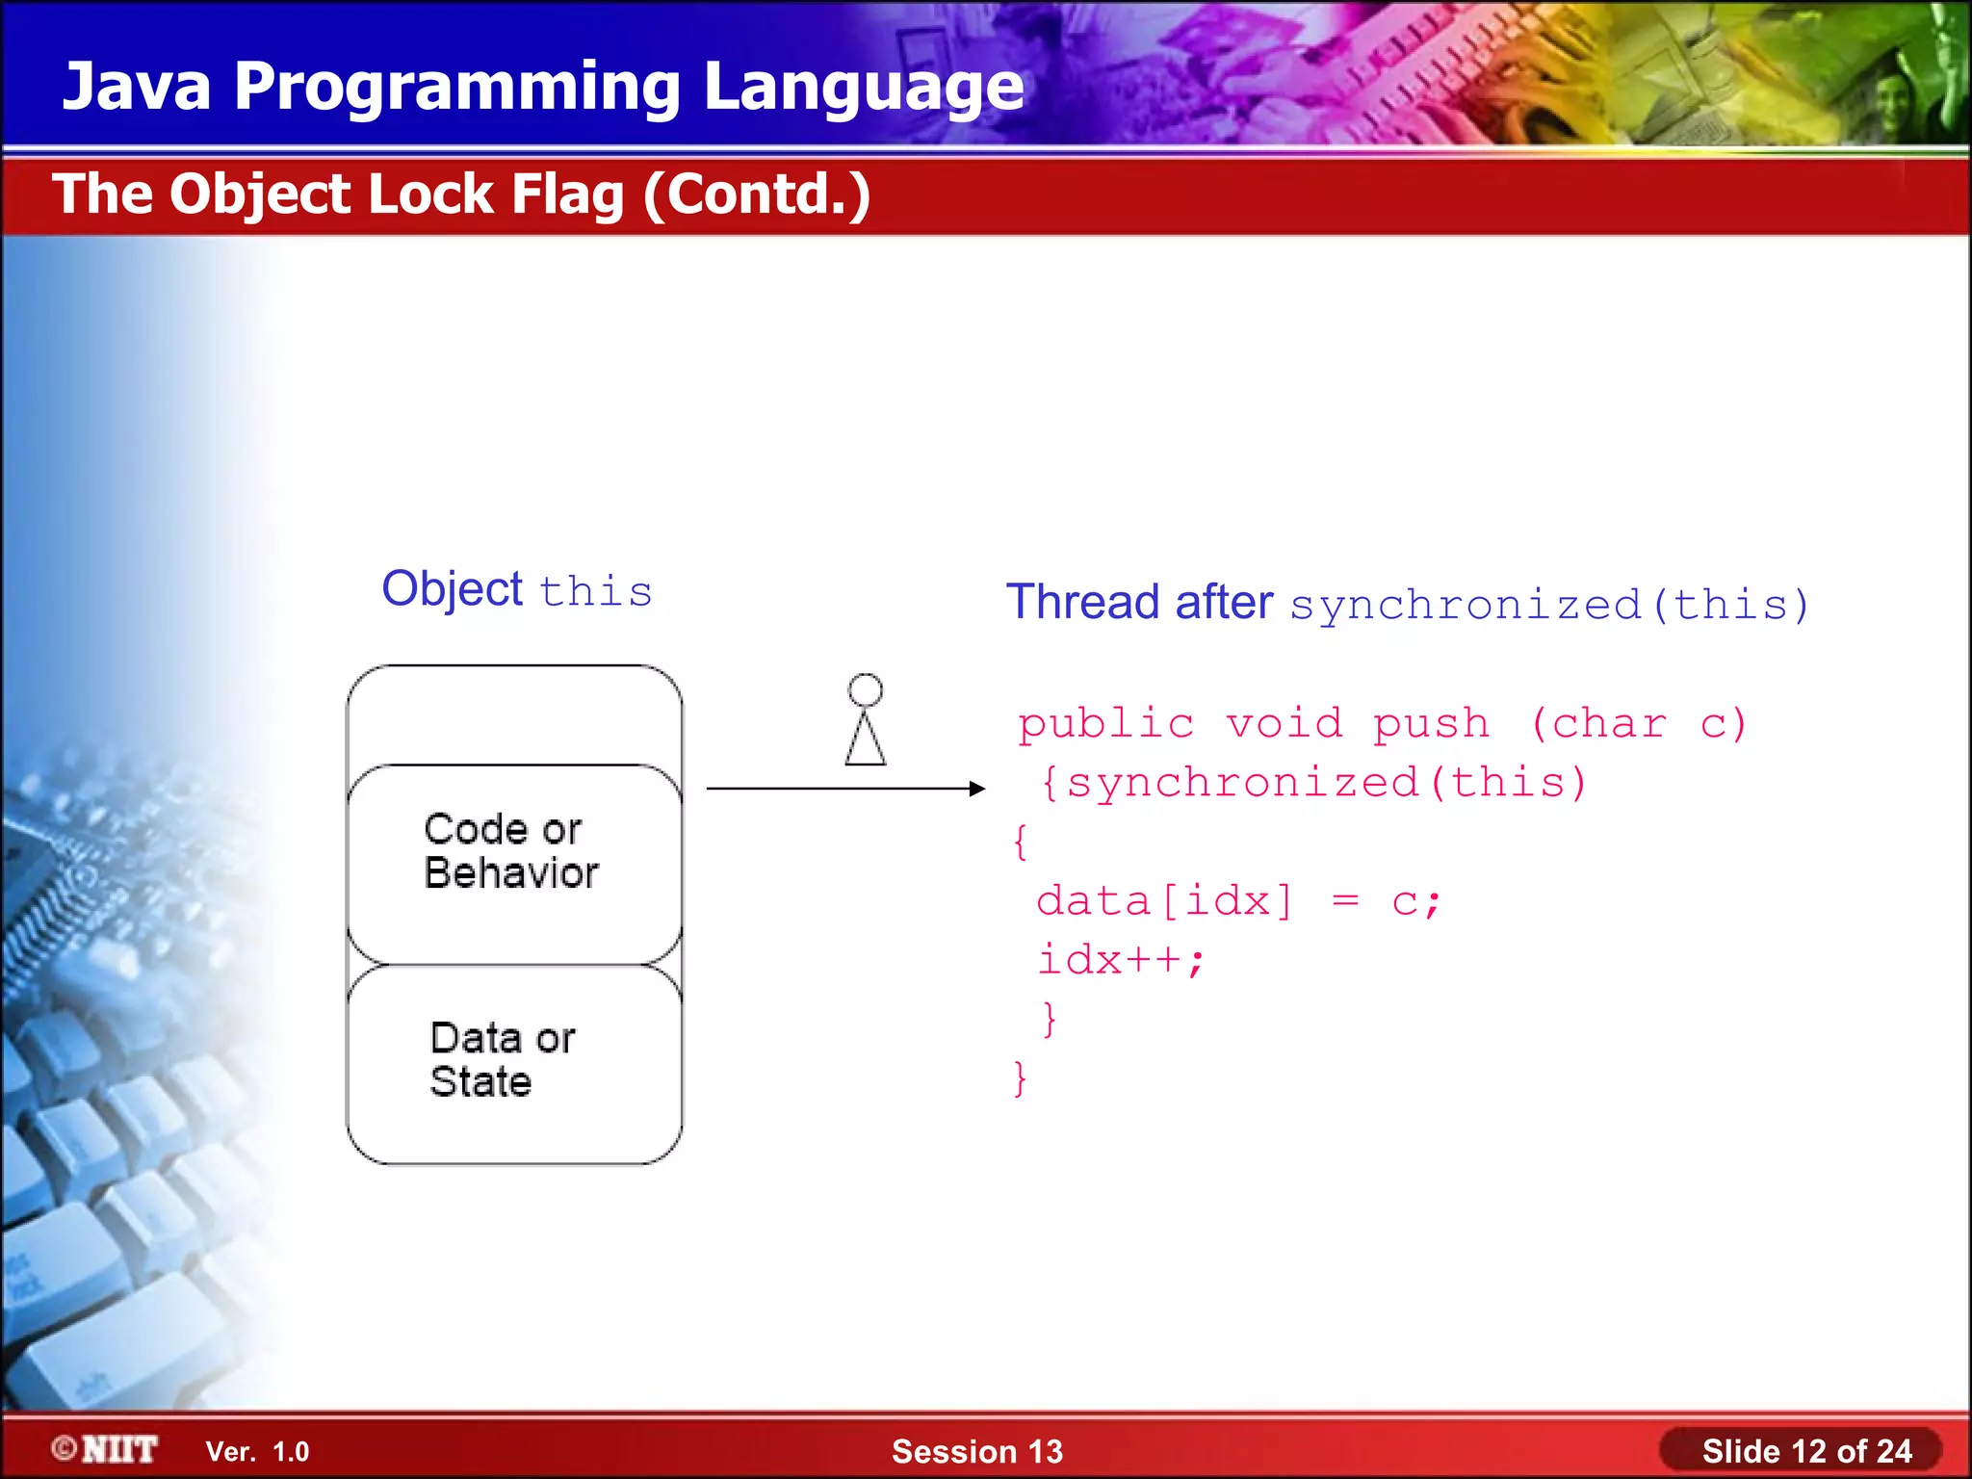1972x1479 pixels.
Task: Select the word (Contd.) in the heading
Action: click(x=757, y=195)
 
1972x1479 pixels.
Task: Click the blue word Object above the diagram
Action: click(x=452, y=589)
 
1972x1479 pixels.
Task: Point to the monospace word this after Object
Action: click(x=596, y=591)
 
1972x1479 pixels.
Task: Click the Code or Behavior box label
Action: click(x=510, y=851)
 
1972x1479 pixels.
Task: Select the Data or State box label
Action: click(x=502, y=1059)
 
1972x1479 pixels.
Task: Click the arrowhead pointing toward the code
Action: click(x=976, y=789)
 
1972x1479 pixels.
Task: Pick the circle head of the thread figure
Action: click(x=865, y=689)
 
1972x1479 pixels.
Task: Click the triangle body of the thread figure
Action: click(x=865, y=742)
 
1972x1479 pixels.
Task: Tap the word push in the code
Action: click(x=1431, y=724)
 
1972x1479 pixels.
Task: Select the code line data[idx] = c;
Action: click(x=1237, y=901)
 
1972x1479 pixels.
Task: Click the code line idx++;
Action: click(x=1120, y=960)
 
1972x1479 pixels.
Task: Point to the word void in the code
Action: click(x=1284, y=724)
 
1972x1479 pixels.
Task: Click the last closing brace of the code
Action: click(x=1020, y=1077)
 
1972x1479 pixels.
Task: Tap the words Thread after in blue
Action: click(x=1139, y=603)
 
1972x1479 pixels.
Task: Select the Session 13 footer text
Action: click(x=976, y=1451)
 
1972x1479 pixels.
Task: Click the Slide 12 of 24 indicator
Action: click(x=1805, y=1451)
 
